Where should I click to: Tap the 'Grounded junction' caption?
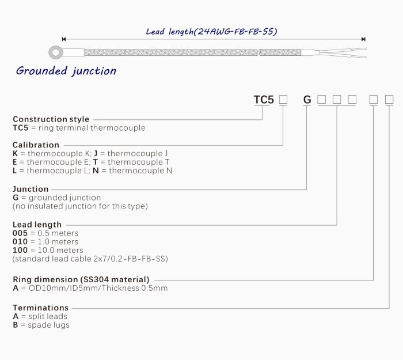(x=66, y=71)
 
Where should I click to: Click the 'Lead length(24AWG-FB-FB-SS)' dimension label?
(x=211, y=32)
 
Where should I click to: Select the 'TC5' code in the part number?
(x=264, y=100)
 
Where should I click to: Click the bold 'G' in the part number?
(x=307, y=100)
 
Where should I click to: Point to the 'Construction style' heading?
(x=51, y=119)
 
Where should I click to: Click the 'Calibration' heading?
(x=36, y=145)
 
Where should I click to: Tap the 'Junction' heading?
(x=31, y=189)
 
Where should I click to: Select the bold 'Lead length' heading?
(x=37, y=225)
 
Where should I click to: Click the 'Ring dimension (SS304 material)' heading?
(x=81, y=279)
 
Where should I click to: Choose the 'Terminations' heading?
(x=40, y=308)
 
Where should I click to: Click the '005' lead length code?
(x=20, y=233)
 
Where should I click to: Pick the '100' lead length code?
(x=20, y=251)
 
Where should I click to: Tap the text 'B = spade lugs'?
(x=41, y=325)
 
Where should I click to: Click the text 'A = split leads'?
(x=40, y=316)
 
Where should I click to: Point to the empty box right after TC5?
(x=283, y=100)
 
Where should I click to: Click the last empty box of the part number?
(x=389, y=100)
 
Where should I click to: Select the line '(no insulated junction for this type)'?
(x=80, y=206)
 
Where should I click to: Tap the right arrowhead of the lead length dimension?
(x=363, y=39)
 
